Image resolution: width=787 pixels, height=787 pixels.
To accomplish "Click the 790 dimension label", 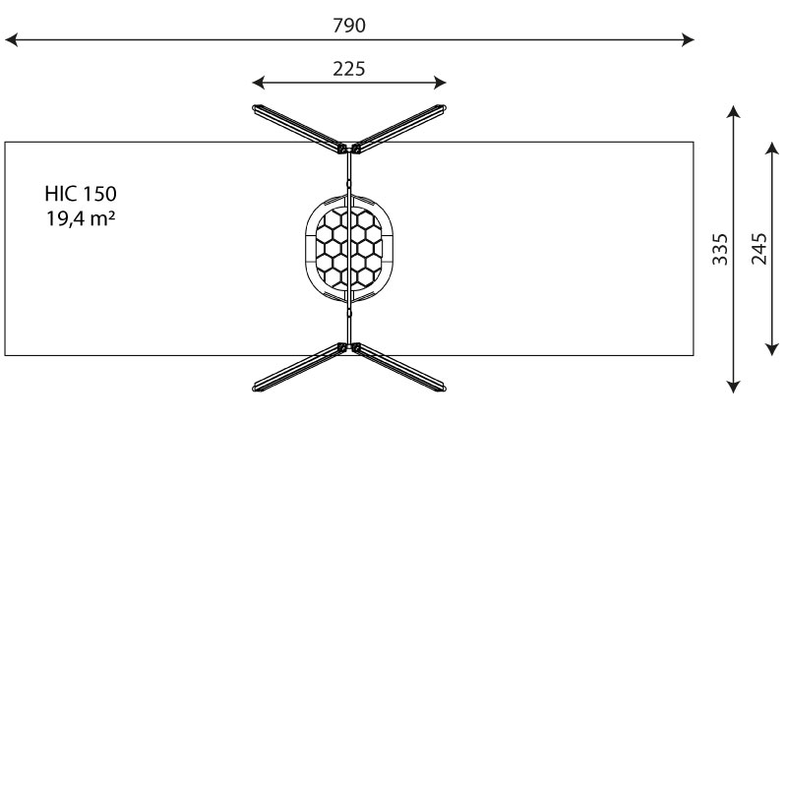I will pos(349,26).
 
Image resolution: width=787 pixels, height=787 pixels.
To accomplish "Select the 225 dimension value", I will pos(349,68).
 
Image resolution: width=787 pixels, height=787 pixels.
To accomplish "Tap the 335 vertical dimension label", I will pos(720,251).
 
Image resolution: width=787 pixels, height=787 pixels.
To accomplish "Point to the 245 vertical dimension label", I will pos(759,250).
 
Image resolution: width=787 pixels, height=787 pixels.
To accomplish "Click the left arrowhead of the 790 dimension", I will pos(10,40).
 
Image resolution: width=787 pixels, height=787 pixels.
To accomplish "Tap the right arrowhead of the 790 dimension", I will pos(689,40).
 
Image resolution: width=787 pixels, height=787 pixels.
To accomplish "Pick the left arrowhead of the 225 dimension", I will pos(257,83).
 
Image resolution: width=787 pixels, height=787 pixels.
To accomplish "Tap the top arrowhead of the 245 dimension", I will pos(772,146).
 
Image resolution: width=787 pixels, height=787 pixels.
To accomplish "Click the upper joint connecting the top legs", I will pos(349,150).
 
